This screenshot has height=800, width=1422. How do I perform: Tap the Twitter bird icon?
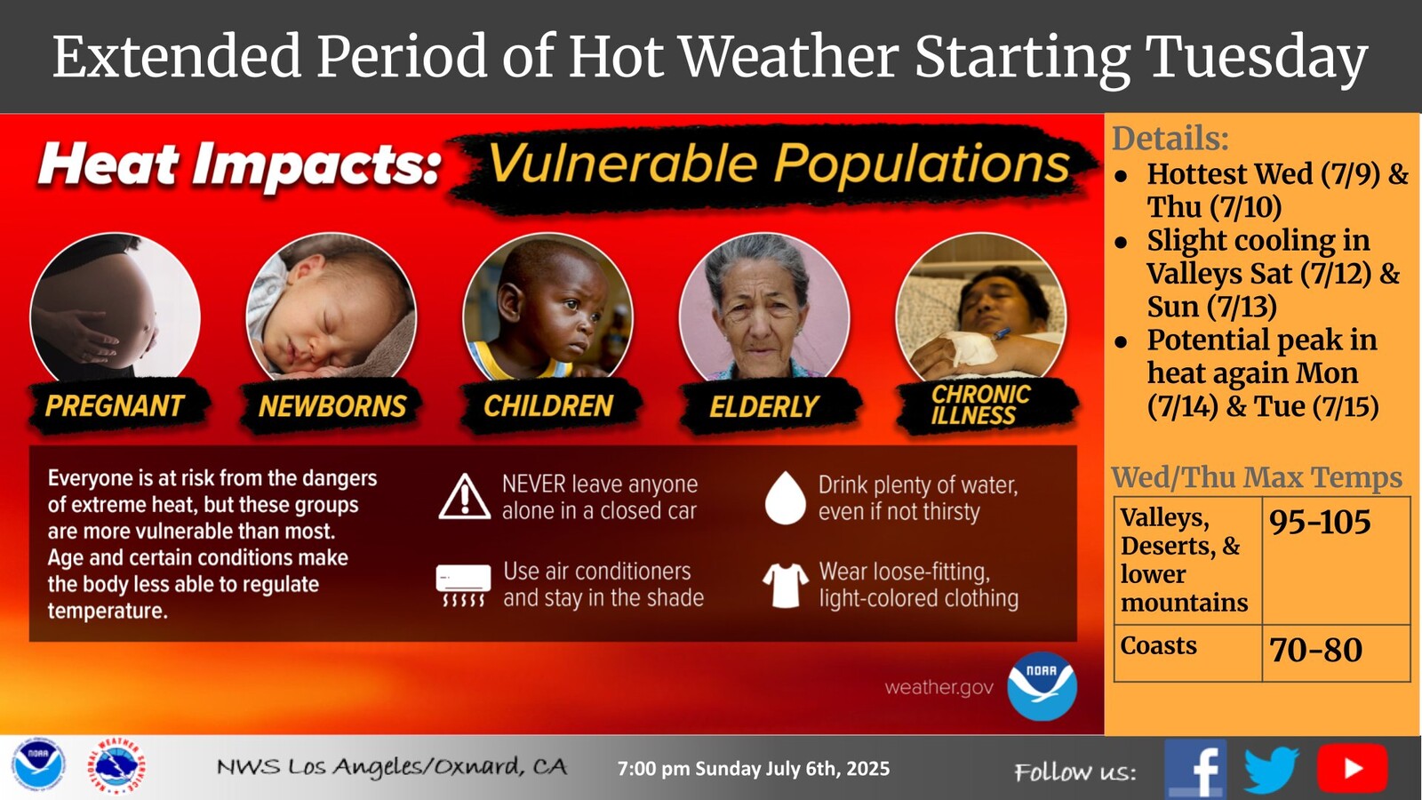1272,770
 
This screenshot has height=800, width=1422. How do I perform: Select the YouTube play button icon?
1352,768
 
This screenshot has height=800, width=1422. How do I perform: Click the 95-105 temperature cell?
1337,561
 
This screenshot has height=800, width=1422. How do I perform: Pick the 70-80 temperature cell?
1337,652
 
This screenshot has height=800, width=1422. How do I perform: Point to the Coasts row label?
1158,645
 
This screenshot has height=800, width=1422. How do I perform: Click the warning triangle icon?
465,497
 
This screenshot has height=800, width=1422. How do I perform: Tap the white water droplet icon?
786,497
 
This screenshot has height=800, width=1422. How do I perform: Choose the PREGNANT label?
115,405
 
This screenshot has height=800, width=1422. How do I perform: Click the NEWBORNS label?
332,406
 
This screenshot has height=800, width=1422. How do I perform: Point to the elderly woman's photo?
764,308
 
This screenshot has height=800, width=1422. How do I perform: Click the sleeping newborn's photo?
332,308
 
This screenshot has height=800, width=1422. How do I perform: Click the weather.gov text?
939,687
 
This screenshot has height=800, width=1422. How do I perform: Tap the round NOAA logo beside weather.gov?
1042,685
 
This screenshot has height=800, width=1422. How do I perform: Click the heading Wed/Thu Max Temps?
1257,477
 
